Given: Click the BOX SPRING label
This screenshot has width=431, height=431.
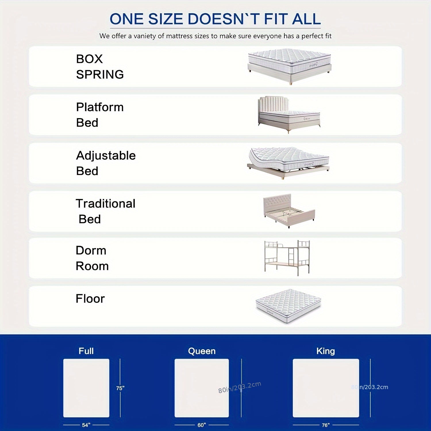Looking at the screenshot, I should click(100, 67).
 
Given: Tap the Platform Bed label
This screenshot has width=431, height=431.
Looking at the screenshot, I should click(100, 115).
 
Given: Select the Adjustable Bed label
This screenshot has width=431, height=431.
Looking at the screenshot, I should click(106, 163).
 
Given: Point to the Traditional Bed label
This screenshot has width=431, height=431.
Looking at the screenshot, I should click(105, 211).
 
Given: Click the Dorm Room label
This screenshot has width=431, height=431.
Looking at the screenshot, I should click(92, 258).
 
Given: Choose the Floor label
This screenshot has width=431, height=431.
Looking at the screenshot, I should click(90, 299).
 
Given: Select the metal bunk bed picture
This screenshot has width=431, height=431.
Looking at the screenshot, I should click(287, 257).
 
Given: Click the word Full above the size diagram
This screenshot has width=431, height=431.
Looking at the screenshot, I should click(86, 351).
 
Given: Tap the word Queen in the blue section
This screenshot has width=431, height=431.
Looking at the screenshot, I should click(202, 351).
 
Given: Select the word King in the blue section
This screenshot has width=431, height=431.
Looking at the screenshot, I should click(326, 351).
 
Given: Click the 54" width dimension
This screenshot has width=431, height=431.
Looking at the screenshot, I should click(86, 425).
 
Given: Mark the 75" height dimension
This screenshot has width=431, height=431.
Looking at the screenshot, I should click(120, 388).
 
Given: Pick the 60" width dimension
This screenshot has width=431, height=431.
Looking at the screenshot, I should click(202, 425).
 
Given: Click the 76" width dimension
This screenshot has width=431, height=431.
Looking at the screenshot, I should click(326, 425).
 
